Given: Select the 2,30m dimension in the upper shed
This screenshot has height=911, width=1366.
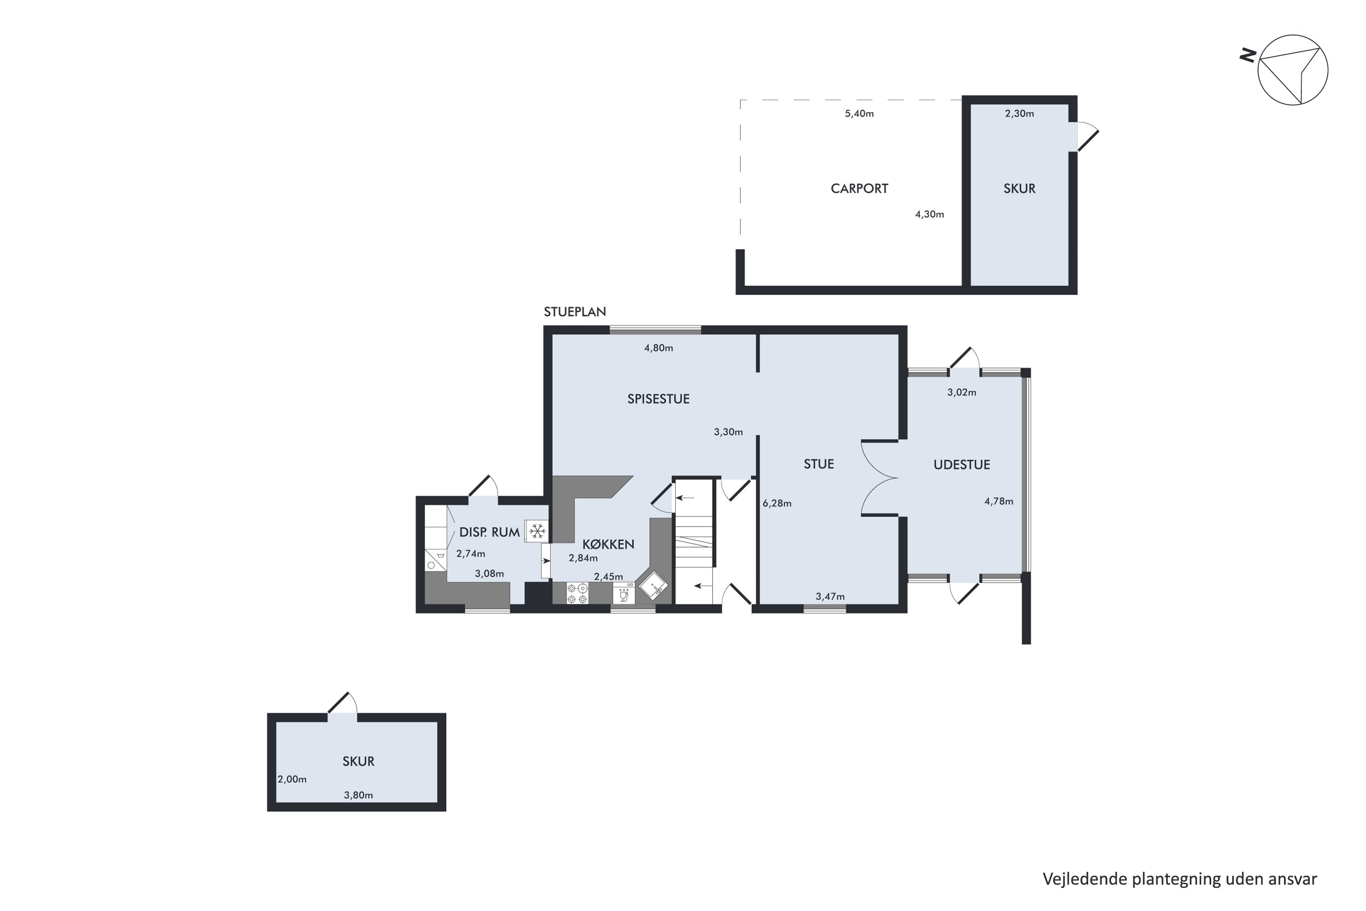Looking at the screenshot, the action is pyautogui.click(x=1019, y=114).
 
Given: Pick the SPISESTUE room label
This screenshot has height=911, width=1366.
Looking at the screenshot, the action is pyautogui.click(x=658, y=399).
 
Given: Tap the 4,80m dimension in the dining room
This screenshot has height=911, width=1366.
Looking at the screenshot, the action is pyautogui.click(x=658, y=348).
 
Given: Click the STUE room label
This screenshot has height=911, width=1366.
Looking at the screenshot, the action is pyautogui.click(x=818, y=464).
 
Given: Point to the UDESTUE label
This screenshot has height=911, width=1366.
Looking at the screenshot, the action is pyautogui.click(x=961, y=464).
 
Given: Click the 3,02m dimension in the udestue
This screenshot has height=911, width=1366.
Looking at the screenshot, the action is pyautogui.click(x=961, y=392).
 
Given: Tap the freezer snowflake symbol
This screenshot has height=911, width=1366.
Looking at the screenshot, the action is pyautogui.click(x=537, y=531).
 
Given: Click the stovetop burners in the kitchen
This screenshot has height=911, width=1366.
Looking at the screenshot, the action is pyautogui.click(x=577, y=593).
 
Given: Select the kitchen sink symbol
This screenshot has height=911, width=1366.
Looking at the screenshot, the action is pyautogui.click(x=653, y=586).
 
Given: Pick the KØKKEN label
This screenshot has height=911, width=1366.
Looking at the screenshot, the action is pyautogui.click(x=608, y=544).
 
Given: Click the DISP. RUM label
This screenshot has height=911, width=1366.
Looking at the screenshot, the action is pyautogui.click(x=489, y=532).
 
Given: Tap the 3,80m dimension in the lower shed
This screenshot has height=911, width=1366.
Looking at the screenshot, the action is pyautogui.click(x=358, y=795).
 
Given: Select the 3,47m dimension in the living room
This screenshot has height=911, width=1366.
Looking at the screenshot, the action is pyautogui.click(x=830, y=597).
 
